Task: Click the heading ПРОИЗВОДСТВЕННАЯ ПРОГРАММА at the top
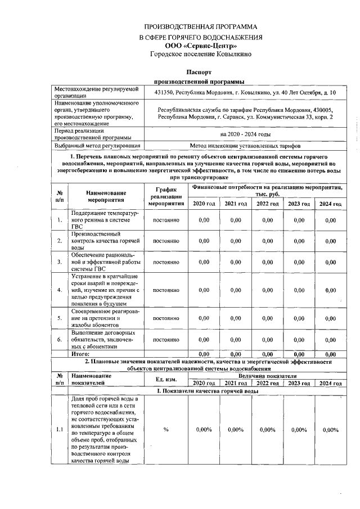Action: (201, 26)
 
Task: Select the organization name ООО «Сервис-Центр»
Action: (201, 45)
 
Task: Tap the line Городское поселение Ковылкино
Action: (201, 54)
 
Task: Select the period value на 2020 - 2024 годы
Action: (246, 134)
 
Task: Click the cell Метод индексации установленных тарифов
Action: (246, 145)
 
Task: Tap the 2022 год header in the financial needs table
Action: (267, 203)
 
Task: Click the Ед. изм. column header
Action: (166, 379)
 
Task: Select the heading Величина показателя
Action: (267, 375)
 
